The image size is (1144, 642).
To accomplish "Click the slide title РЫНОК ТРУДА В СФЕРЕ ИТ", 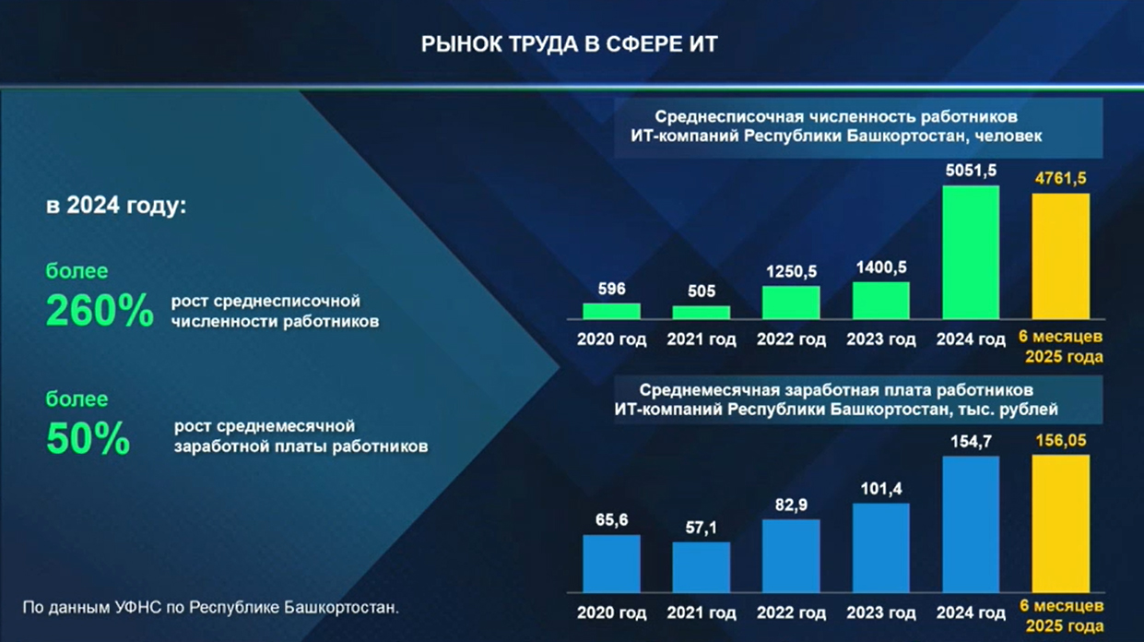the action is tap(570, 44).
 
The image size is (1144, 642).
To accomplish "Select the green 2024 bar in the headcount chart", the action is tap(971, 253).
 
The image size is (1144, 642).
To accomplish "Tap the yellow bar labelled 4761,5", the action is tap(1061, 256).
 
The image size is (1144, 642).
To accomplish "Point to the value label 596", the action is tap(611, 290).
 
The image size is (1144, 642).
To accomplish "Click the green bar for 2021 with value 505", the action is tap(702, 313).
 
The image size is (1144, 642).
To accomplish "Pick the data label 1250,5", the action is tap(791, 271).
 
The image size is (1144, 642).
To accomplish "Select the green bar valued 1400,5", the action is tap(881, 301).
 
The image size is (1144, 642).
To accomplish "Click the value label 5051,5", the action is tap(971, 171).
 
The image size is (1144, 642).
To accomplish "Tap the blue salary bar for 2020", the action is tap(611, 564).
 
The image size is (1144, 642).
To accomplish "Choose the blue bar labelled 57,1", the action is tap(702, 567).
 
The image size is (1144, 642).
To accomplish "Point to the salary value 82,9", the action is tap(791, 505).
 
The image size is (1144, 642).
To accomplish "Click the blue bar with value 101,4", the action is tap(881, 548).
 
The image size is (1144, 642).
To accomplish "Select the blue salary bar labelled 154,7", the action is tap(971, 525).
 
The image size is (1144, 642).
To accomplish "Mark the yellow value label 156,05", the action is tap(1061, 441).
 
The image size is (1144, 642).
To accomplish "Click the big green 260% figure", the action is tap(100, 310).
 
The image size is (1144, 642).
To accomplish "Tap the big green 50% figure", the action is tap(88, 438).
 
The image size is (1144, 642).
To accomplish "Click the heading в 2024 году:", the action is tap(116, 206).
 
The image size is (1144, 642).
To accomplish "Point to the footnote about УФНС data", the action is tap(210, 607).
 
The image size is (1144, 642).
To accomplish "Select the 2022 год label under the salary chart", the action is tap(791, 612).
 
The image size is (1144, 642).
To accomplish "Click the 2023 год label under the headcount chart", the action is tap(881, 339).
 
